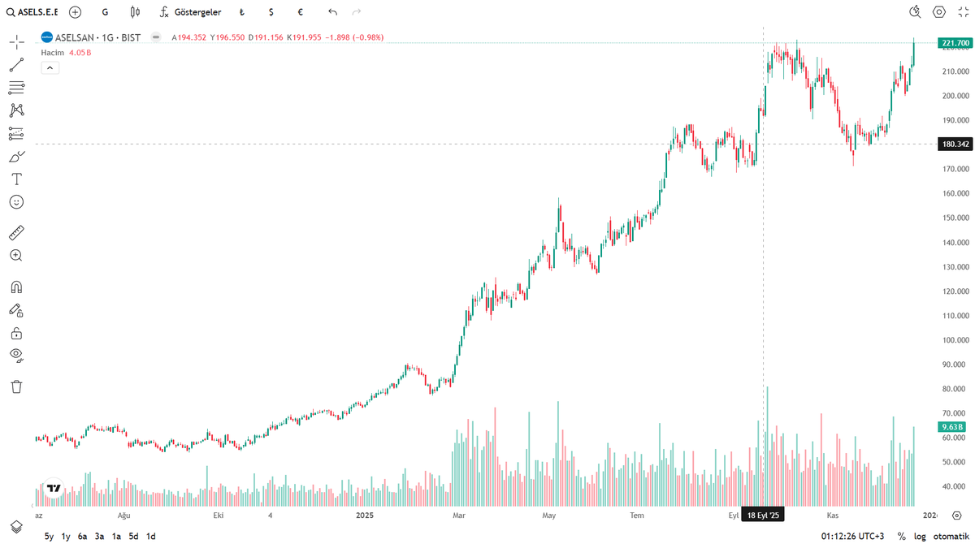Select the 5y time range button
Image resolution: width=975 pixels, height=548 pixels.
[49, 536]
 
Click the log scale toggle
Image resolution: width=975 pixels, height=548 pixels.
[919, 536]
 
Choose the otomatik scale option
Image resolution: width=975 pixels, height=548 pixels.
[951, 536]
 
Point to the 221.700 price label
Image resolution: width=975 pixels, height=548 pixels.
[953, 42]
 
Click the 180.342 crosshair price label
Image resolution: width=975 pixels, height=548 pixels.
[953, 144]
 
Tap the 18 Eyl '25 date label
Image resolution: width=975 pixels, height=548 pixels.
[763, 516]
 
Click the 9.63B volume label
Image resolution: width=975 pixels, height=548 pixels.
[951, 426]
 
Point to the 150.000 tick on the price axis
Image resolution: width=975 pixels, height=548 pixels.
[953, 218]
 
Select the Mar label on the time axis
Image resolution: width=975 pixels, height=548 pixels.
[458, 516]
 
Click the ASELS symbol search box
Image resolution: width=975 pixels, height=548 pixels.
[32, 12]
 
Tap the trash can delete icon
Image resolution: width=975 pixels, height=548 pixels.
[16, 386]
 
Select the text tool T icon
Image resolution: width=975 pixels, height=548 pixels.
[16, 179]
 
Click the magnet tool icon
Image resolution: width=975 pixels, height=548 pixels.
[16, 287]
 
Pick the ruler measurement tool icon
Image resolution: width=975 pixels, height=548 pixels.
[16, 234]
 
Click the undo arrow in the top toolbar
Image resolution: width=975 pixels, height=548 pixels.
[332, 12]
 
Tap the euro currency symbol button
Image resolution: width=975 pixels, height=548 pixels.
[301, 12]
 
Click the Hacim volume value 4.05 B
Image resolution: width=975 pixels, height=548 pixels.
[80, 52]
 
